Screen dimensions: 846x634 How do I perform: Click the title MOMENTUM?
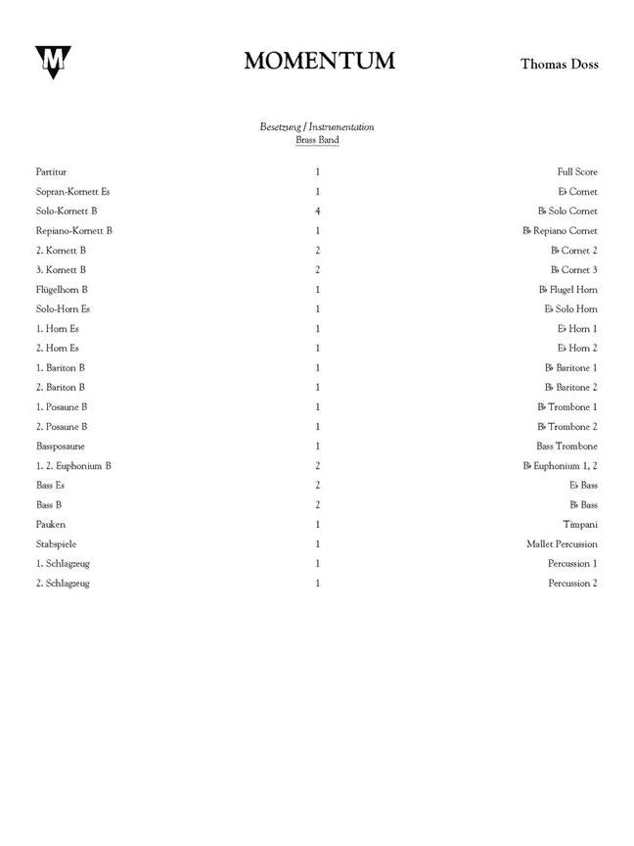click(319, 61)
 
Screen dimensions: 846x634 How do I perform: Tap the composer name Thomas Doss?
click(559, 64)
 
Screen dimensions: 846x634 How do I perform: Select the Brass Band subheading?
click(317, 140)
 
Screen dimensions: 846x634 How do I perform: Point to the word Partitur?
click(51, 171)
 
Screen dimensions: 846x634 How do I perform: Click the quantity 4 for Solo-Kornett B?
click(318, 211)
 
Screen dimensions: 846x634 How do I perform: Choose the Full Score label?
click(577, 171)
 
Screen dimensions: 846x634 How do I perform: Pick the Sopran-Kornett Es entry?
click(72, 191)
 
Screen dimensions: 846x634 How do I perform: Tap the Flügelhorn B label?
click(62, 289)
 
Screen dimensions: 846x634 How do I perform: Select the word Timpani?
click(579, 524)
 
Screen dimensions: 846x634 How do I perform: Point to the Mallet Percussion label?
click(562, 543)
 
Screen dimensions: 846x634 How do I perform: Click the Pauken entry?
click(50, 524)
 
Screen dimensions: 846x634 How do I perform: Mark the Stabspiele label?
click(56, 543)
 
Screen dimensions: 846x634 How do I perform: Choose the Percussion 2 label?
click(572, 583)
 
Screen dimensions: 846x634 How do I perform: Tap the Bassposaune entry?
click(62, 446)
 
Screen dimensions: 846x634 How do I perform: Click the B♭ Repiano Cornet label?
click(560, 230)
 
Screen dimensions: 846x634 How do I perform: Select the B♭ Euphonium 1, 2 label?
click(560, 465)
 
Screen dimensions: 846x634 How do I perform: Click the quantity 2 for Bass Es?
click(318, 485)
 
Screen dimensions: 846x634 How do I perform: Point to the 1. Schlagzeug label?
click(63, 563)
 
